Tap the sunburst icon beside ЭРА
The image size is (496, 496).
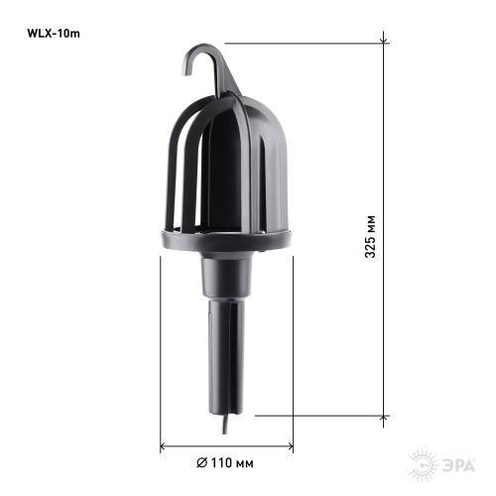coord(422,463)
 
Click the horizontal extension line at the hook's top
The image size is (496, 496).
coord(298,43)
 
